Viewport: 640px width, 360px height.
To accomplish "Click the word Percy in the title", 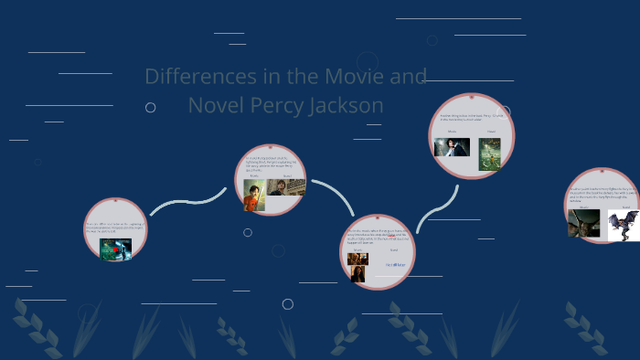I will coord(278,106).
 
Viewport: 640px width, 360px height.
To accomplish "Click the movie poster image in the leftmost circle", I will coord(115,249).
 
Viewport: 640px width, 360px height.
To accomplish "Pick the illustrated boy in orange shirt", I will coord(253,196).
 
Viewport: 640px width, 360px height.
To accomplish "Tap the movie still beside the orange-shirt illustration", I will coord(285,187).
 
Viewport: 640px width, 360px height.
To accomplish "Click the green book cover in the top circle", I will coord(489,154).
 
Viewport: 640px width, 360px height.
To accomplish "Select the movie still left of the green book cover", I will coord(452,147).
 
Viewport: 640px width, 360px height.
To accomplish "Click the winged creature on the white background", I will coord(623,225).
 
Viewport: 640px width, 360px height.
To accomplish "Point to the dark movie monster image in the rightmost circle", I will coord(583,223).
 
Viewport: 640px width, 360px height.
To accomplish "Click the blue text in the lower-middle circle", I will coord(395,265).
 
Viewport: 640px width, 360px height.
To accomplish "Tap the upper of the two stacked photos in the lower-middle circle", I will coord(357,259).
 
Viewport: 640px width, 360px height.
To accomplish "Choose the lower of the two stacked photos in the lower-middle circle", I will coord(357,273).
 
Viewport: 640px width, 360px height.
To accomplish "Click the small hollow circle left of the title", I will coord(150,108).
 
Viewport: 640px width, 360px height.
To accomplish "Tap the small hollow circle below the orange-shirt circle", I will coord(248,232).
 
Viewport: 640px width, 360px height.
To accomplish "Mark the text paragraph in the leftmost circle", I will coord(115,227).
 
